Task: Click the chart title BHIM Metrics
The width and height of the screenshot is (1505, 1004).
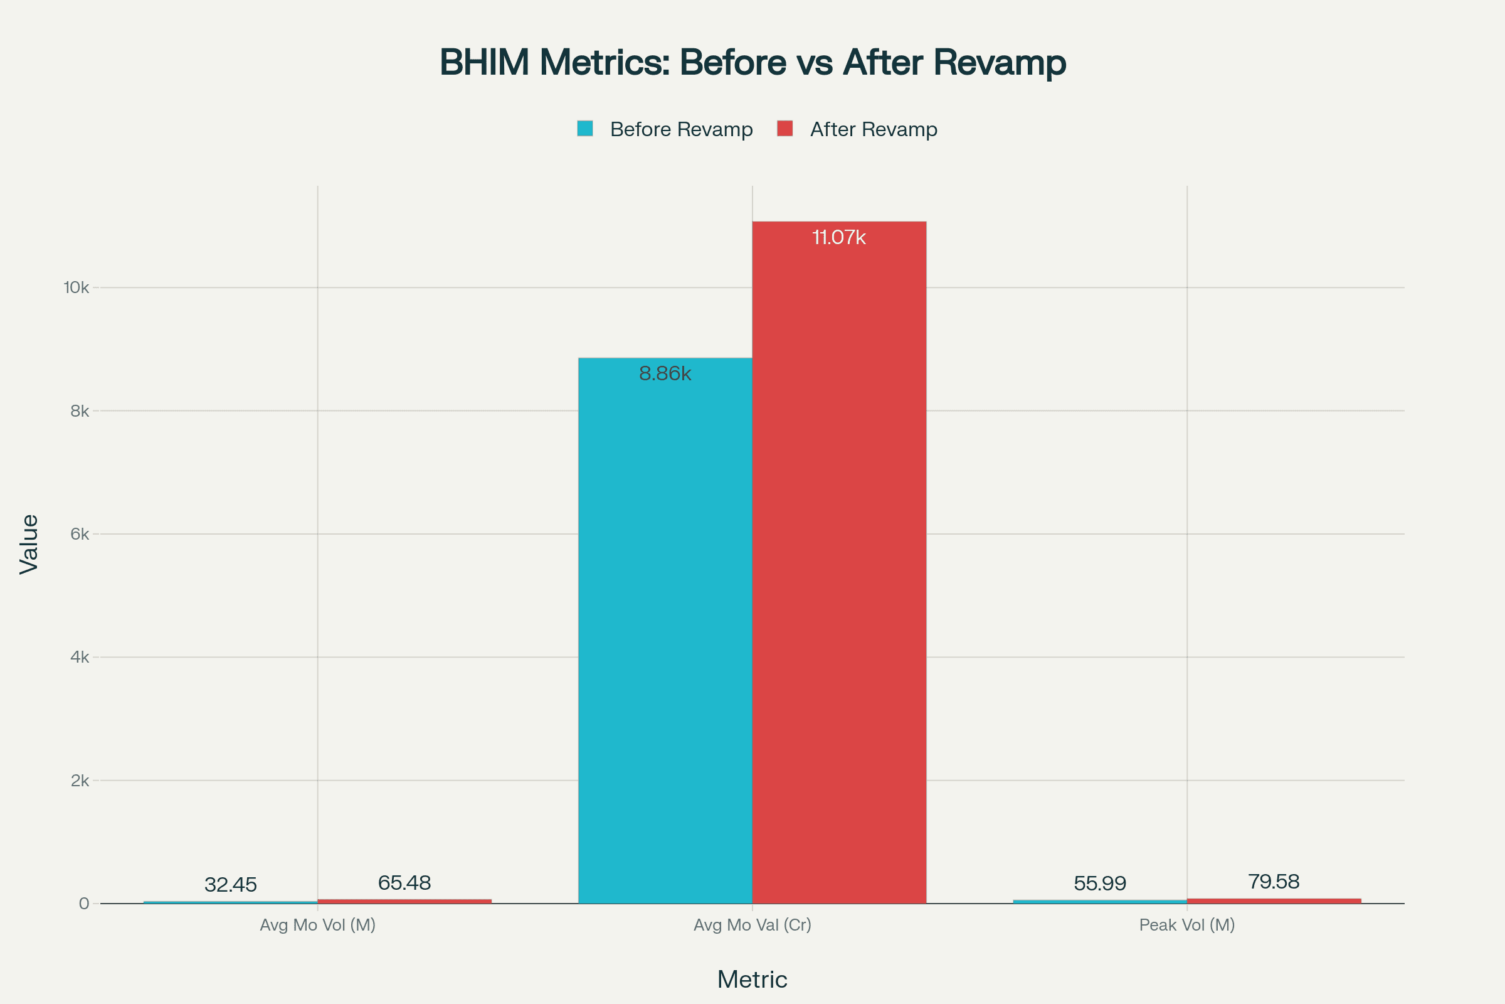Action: coord(752,63)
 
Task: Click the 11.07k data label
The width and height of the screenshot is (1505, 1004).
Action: coord(839,238)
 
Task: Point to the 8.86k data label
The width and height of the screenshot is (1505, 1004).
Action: coord(665,373)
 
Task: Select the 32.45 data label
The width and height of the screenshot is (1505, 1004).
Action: coord(230,885)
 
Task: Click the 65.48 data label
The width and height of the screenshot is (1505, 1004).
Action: coord(404,883)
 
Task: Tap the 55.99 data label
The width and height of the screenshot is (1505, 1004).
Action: coord(1099,884)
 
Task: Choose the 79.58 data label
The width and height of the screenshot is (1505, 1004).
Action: coord(1274,882)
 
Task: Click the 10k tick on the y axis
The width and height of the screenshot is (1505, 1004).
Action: coord(76,287)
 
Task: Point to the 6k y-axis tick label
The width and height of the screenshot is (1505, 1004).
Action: coord(80,534)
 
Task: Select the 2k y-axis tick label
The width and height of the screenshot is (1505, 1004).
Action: coord(80,781)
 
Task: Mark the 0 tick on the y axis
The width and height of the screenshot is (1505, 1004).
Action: coord(84,904)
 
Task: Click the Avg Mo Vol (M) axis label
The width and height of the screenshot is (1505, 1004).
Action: coord(317,924)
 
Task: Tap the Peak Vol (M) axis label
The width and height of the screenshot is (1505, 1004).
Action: coord(1187,924)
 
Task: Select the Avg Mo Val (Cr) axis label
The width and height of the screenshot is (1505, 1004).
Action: coord(752,924)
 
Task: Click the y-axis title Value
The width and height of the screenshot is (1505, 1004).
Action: coord(29,544)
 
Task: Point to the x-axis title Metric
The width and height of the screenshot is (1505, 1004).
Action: coord(752,980)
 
